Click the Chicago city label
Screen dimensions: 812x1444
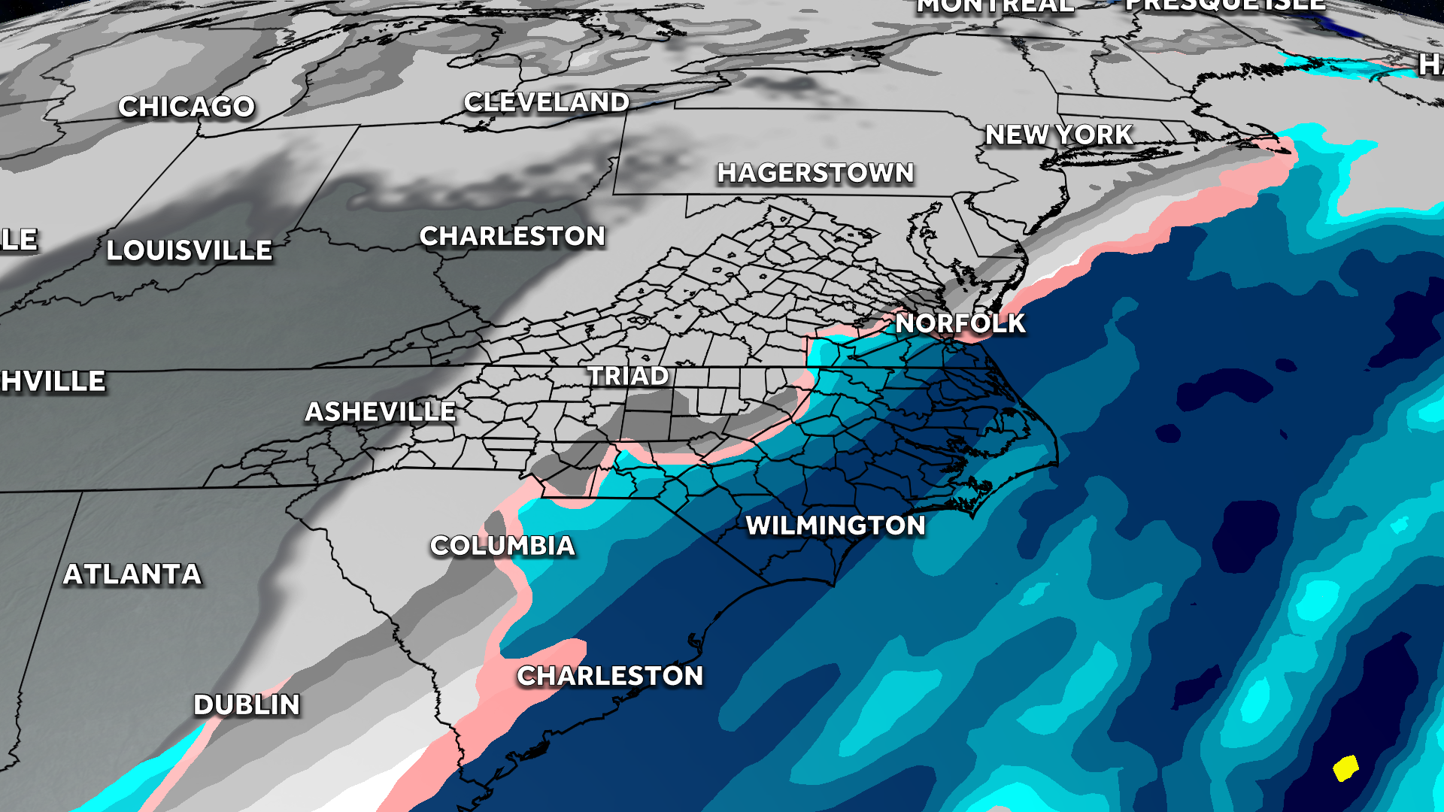pos(187,107)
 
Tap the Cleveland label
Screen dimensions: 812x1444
pos(546,102)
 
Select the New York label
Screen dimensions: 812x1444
pos(1059,135)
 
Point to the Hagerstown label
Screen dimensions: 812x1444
pos(815,173)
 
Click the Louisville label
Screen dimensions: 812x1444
pos(189,250)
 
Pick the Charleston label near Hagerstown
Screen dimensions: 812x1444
pos(512,236)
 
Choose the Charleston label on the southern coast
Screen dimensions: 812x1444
pos(610,676)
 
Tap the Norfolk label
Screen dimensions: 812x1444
pos(960,323)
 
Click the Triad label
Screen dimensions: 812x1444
pos(628,376)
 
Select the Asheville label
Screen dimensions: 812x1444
pos(380,412)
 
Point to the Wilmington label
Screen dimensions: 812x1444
pos(835,526)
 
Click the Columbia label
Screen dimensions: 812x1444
pos(502,546)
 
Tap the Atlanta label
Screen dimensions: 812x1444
pos(132,574)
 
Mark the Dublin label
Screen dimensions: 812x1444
pos(247,705)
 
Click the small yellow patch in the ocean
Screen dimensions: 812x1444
pos(1345,768)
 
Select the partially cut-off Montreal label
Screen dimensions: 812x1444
pos(994,6)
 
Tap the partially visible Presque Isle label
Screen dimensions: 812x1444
pos(1224,5)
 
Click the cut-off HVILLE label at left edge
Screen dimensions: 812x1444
pos(53,381)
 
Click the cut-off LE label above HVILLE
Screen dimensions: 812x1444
pos(19,240)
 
